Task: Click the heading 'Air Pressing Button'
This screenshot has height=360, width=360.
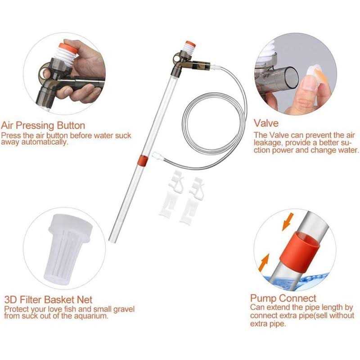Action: point(43,125)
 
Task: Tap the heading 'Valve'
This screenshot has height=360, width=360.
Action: point(266,123)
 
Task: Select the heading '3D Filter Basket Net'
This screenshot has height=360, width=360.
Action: point(48,300)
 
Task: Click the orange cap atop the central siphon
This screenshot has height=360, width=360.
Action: point(190,46)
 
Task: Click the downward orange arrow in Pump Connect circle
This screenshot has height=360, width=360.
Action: point(286,222)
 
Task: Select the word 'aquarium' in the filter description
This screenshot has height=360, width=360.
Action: point(90,316)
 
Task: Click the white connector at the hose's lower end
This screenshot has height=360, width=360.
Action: point(157,156)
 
